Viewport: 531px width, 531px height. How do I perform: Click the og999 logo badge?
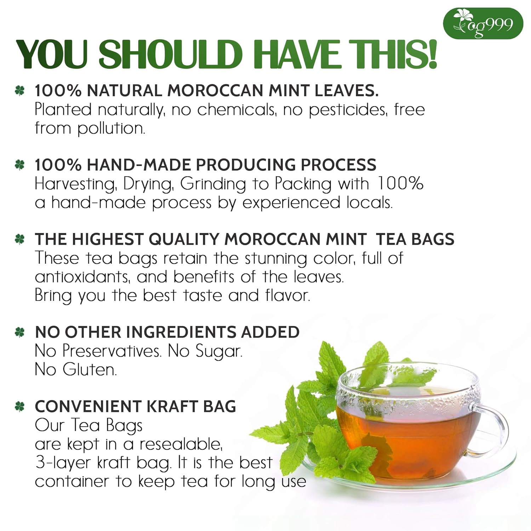coord(483,24)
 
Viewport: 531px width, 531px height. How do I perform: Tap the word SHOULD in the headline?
coord(170,55)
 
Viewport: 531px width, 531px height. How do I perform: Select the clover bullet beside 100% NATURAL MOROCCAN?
coord(20,91)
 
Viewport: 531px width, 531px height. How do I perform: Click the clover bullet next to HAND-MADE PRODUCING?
coord(20,165)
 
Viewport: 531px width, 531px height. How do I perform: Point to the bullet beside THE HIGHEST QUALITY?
coord(20,240)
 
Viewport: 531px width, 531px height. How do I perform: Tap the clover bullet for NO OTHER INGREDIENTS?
coord(20,332)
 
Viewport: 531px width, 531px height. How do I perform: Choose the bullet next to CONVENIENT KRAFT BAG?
coord(20,407)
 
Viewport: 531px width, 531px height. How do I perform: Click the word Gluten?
coord(90,370)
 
